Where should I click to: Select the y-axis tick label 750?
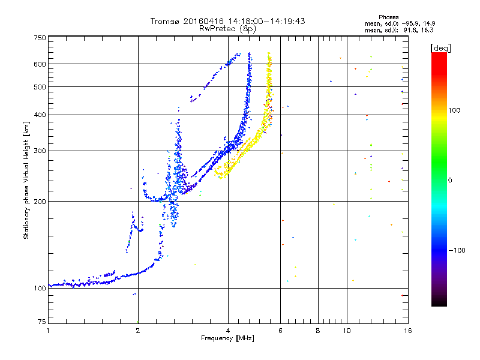tap(40, 38)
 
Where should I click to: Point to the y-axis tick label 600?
tap(40, 64)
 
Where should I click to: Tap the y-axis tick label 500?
tap(40, 86)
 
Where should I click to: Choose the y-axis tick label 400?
tap(40, 115)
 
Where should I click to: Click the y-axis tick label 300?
tap(40, 151)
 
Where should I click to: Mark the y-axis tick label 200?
tap(40, 201)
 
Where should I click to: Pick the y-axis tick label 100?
tap(40, 288)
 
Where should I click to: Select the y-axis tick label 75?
tap(41, 322)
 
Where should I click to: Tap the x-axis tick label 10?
tap(346, 331)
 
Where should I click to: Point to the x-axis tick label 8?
tap(318, 331)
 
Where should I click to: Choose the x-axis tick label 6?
tap(281, 331)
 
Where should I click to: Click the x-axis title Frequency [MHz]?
tap(227, 339)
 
